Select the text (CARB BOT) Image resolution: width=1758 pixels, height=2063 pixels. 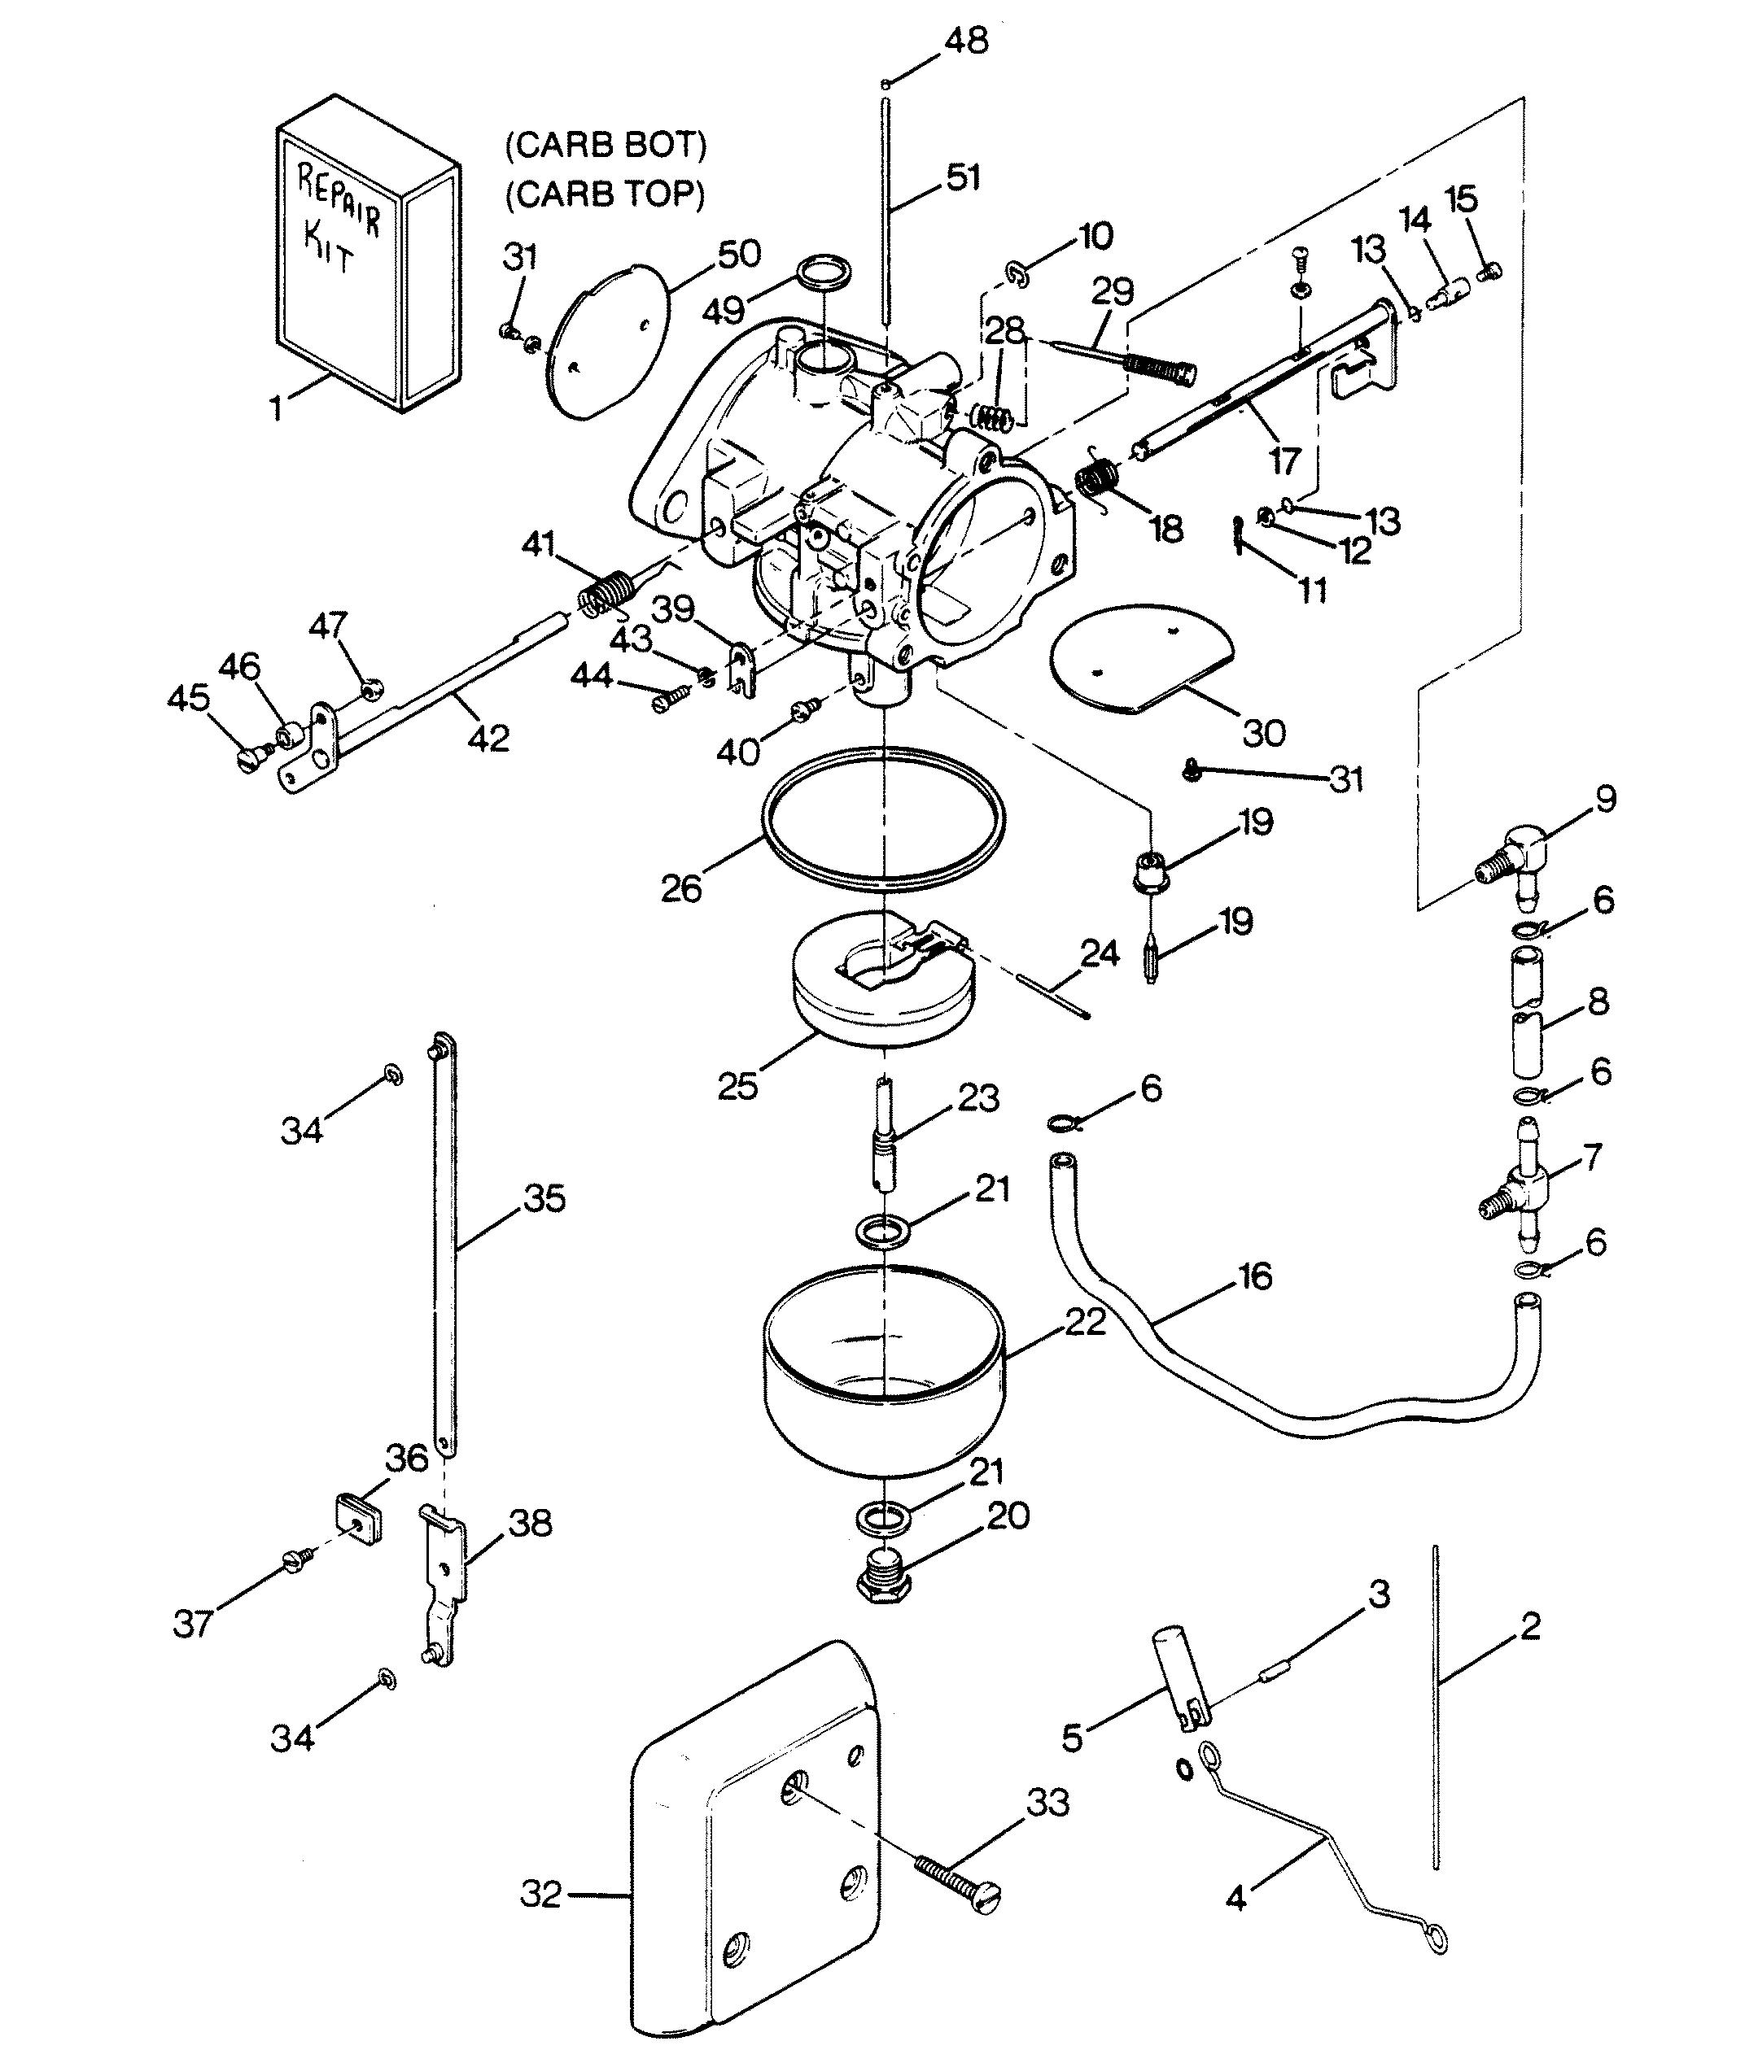[606, 146]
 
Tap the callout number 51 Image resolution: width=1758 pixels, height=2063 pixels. [962, 177]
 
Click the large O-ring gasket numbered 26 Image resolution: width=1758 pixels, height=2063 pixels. [881, 813]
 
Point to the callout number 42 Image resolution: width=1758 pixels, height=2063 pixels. [488, 738]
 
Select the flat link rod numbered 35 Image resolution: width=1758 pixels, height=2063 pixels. [445, 1245]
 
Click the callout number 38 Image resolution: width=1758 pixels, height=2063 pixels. [530, 1551]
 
